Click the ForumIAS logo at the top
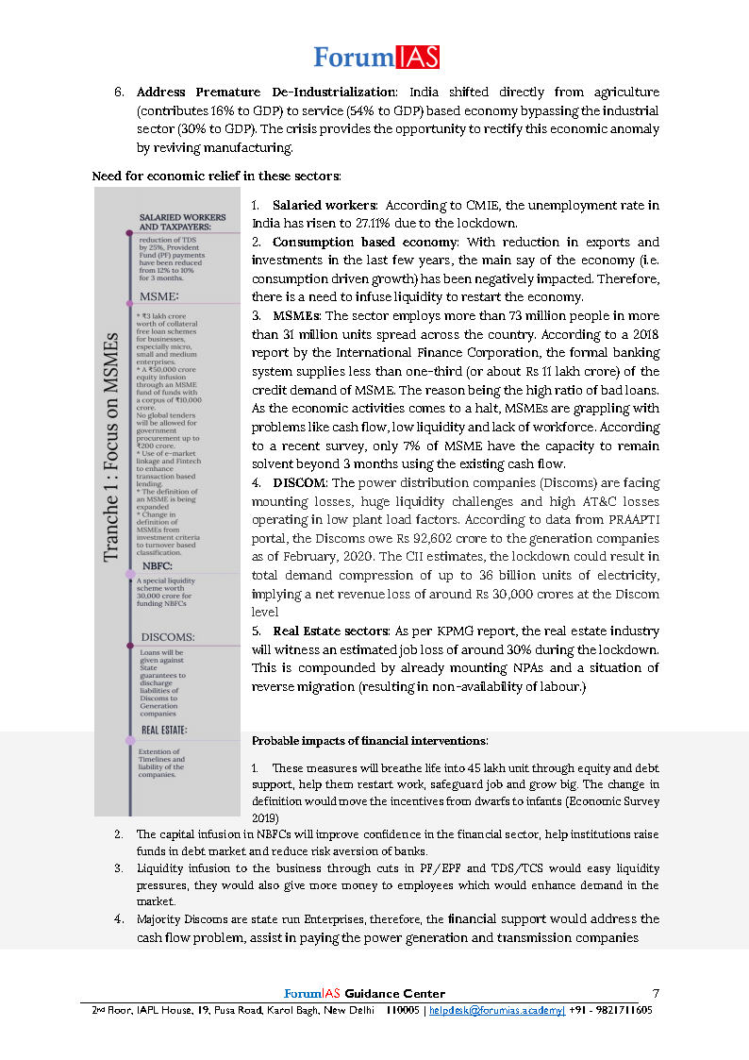point(375,57)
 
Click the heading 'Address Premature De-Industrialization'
point(266,93)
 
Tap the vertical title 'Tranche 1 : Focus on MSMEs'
point(112,447)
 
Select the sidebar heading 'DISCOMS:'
point(168,637)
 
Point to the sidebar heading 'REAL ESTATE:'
point(164,730)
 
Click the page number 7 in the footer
point(657,993)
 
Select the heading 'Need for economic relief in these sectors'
point(216,176)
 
